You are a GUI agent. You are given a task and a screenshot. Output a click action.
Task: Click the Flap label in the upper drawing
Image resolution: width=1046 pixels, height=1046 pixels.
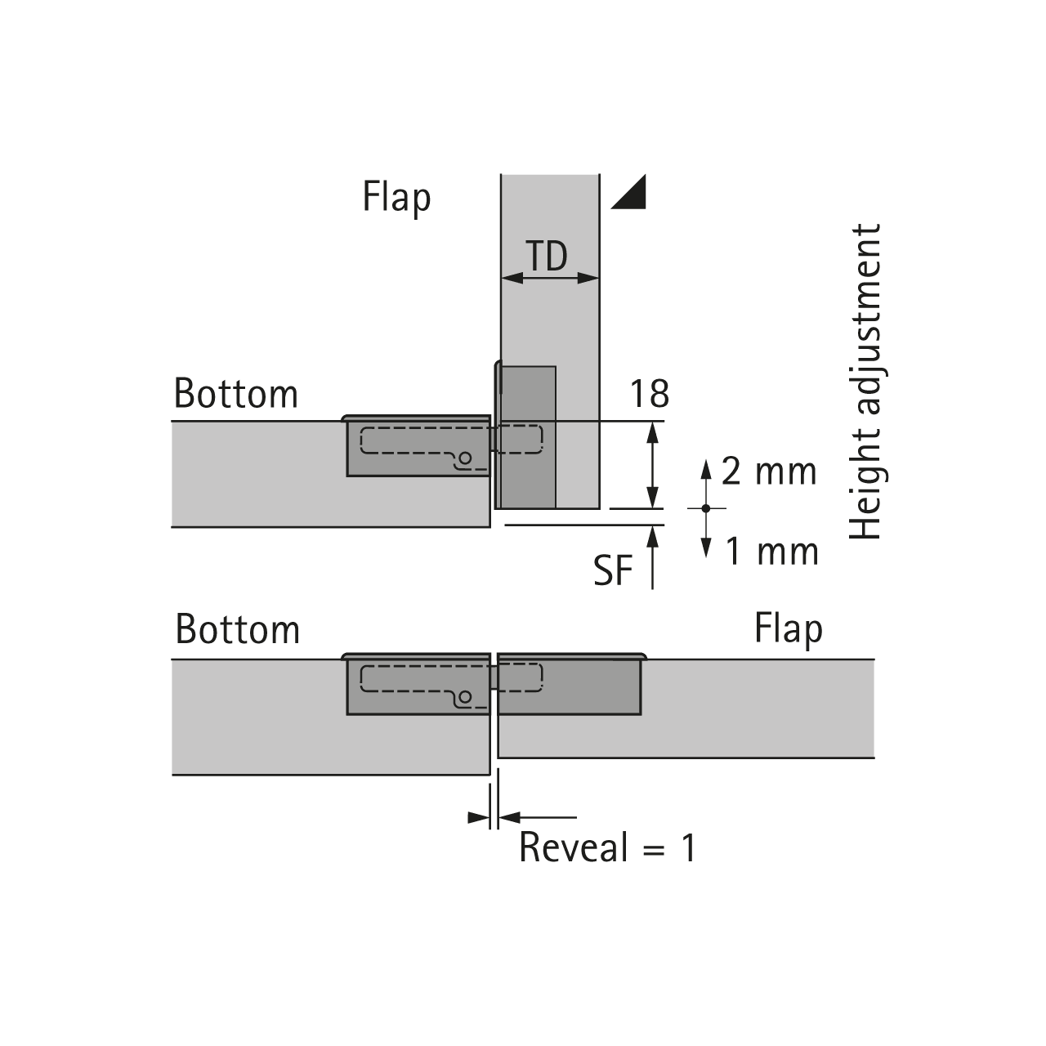point(396,198)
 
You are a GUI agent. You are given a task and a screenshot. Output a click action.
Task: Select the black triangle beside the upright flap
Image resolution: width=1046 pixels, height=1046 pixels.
point(628,192)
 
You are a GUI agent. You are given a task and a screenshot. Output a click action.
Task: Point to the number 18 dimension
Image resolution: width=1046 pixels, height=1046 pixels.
point(650,394)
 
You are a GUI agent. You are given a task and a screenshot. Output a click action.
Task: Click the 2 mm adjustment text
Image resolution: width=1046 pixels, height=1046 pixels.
point(769,472)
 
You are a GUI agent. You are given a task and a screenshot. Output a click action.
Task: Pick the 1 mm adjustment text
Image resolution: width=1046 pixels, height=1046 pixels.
point(772,552)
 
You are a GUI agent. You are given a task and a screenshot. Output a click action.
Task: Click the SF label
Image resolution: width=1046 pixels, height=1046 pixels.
point(614,570)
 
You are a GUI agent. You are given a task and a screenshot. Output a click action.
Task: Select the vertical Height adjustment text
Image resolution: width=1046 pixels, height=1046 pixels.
point(866,382)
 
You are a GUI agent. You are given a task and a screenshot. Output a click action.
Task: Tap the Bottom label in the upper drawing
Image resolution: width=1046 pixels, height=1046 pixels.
point(236,394)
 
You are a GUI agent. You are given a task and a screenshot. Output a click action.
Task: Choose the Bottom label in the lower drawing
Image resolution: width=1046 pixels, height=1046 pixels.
point(238,630)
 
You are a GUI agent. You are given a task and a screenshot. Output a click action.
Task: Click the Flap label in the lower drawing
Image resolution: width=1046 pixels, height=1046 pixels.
point(788,630)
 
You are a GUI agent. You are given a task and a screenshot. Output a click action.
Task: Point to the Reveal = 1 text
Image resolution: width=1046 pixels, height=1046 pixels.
point(608,847)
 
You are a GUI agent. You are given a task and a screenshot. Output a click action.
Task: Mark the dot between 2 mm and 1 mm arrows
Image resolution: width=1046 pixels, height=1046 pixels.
point(706,508)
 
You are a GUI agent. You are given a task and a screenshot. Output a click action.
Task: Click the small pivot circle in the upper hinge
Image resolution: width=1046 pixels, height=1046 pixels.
point(464,459)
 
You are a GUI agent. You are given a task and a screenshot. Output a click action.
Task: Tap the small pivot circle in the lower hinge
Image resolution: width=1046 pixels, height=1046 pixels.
point(464,697)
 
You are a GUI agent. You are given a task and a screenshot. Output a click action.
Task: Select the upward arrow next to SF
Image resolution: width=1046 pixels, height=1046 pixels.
point(652,557)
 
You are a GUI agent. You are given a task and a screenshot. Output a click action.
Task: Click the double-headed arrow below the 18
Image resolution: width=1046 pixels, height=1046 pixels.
point(652,464)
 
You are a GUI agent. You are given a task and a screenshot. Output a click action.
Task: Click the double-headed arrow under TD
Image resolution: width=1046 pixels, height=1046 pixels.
point(550,278)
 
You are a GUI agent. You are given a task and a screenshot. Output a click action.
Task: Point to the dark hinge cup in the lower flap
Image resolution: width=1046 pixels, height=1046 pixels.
point(569,686)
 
